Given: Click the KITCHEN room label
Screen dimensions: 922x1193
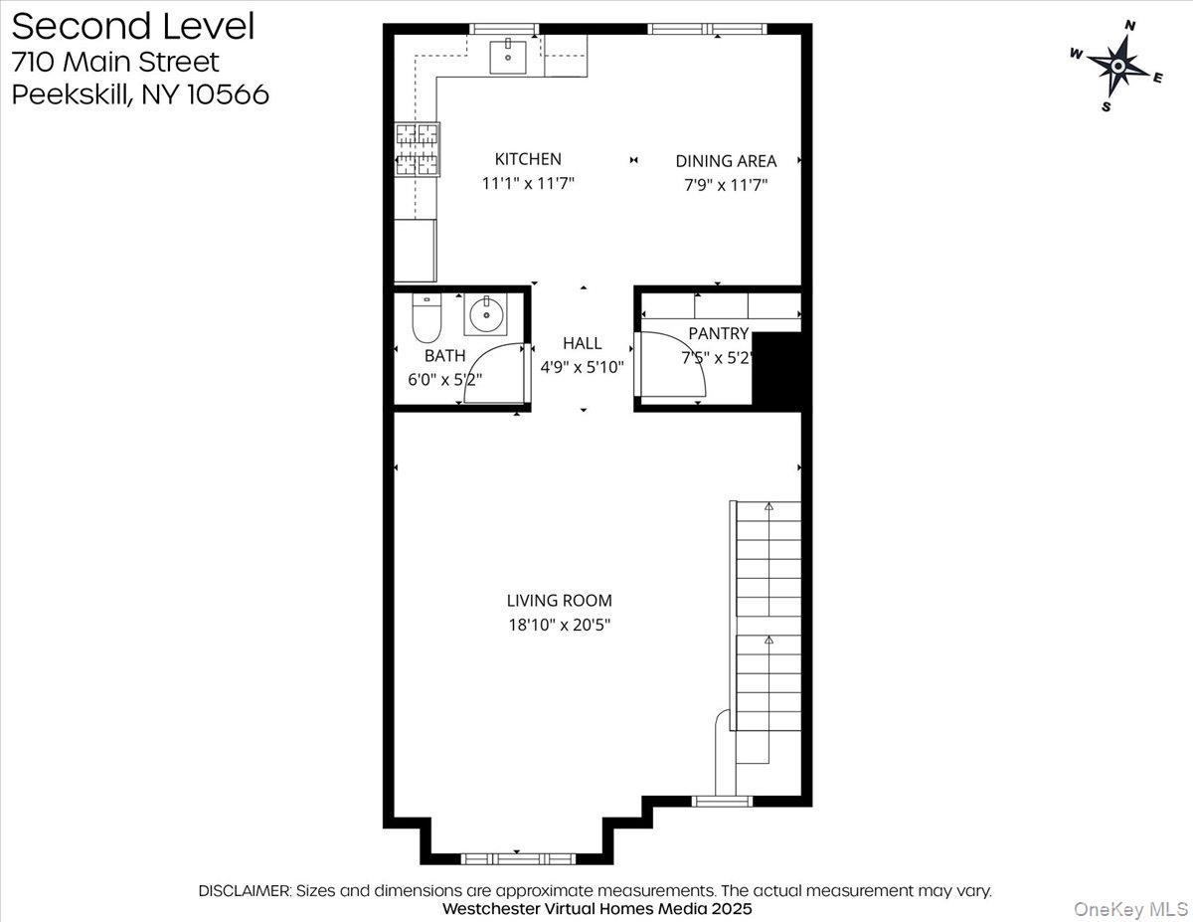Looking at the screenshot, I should pyautogui.click(x=528, y=159).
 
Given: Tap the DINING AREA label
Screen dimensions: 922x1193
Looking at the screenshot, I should pyautogui.click(x=726, y=161).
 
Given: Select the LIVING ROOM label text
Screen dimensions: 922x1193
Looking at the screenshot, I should pyautogui.click(x=559, y=601).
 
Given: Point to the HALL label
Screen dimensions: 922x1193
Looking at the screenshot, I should pyautogui.click(x=582, y=343).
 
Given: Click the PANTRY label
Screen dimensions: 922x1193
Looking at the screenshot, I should pyautogui.click(x=718, y=334).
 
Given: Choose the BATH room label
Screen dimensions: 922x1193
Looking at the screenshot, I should pyautogui.click(x=444, y=356).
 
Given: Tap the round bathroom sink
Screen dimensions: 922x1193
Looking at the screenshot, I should pyautogui.click(x=486, y=316).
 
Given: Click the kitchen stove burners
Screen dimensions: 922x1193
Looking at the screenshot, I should pyautogui.click(x=418, y=148).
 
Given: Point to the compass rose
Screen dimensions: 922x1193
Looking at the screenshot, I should pyautogui.click(x=1117, y=67).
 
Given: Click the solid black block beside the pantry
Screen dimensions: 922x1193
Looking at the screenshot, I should pyautogui.click(x=777, y=370).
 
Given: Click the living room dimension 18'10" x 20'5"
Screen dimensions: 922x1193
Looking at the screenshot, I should pyautogui.click(x=559, y=626).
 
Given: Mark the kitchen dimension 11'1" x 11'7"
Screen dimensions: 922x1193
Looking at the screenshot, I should pyautogui.click(x=528, y=184).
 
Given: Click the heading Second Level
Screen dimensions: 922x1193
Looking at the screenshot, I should pyautogui.click(x=133, y=27).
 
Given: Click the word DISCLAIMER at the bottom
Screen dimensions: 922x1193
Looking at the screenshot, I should pyautogui.click(x=245, y=891).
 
